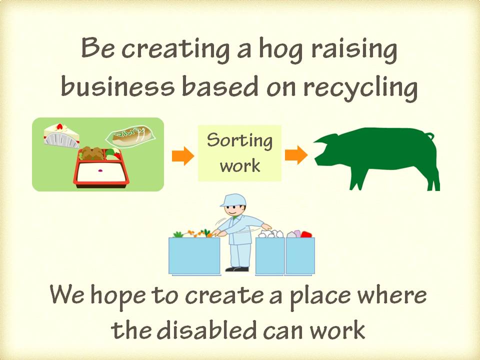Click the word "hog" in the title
(x=274, y=50)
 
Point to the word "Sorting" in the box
(x=240, y=140)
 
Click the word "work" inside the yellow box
(x=240, y=165)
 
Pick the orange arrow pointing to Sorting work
(x=182, y=156)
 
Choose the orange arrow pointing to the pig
(x=296, y=155)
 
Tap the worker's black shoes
(x=237, y=269)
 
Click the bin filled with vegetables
(x=194, y=254)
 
